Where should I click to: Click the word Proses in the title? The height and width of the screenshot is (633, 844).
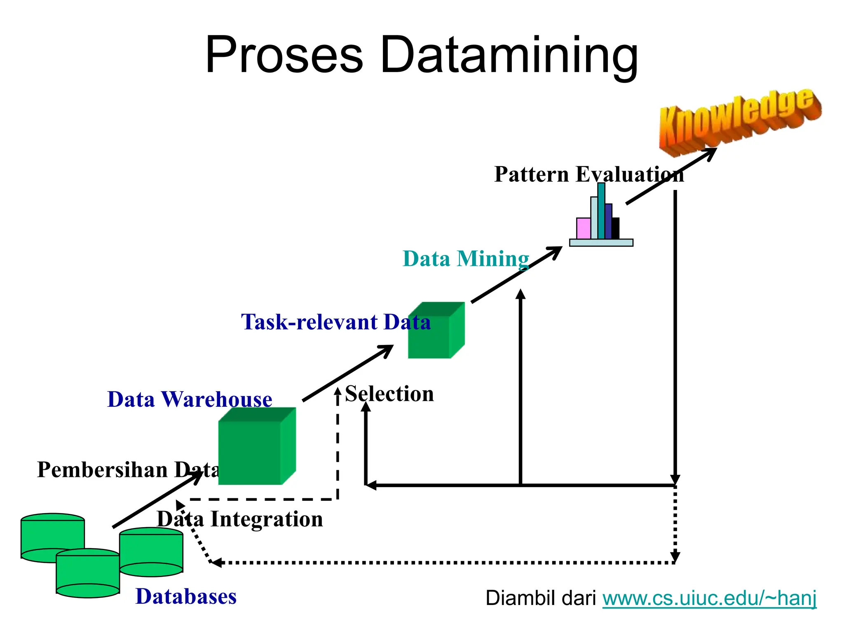point(284,56)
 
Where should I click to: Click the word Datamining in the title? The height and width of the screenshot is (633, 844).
point(509,56)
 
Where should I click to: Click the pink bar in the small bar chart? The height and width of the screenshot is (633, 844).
point(583,228)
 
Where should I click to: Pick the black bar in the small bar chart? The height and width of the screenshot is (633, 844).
point(615,228)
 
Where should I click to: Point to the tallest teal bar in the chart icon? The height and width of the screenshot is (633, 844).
point(601,210)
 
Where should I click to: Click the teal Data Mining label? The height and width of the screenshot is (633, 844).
point(466,259)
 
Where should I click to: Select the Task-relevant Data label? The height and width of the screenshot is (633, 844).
point(336,322)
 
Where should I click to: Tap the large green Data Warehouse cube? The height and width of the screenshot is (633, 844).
point(251,451)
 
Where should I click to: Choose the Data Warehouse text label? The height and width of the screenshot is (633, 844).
point(190,399)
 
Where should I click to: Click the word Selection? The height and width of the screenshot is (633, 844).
point(389,394)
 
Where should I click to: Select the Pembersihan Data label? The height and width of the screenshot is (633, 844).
point(128,470)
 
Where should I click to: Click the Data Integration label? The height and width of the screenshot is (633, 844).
point(240,519)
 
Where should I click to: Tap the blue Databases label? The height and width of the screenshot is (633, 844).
point(186,596)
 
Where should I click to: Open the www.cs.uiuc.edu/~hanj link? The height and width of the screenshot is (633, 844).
point(709,598)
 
